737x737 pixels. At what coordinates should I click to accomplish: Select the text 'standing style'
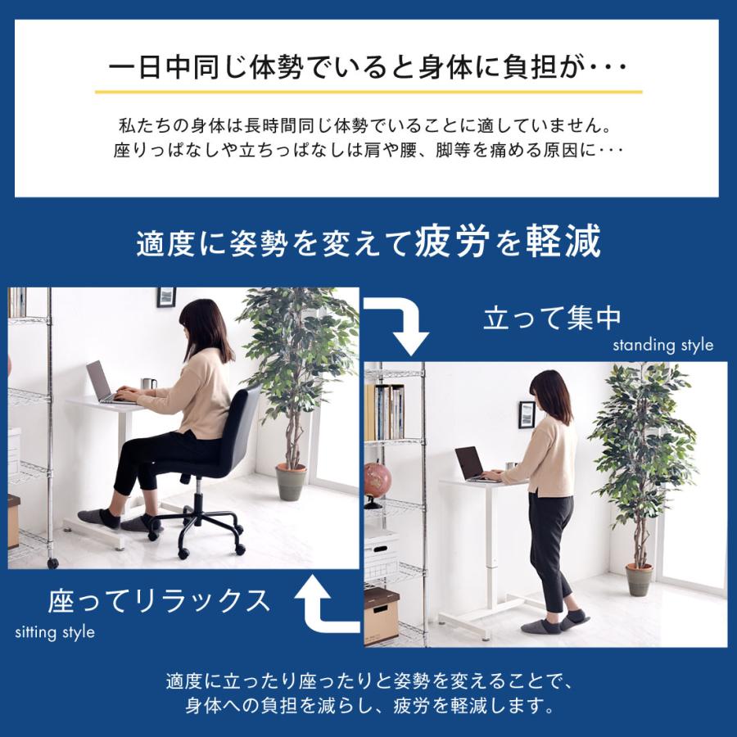pyautogui.click(x=662, y=345)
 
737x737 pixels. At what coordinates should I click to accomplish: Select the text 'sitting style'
pyautogui.click(x=55, y=632)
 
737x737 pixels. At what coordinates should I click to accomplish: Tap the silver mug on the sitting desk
pyautogui.click(x=148, y=384)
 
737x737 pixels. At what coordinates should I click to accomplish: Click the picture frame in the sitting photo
pyautogui.click(x=166, y=296)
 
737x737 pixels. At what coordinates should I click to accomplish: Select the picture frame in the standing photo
pyautogui.click(x=527, y=413)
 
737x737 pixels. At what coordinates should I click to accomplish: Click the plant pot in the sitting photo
pyautogui.click(x=291, y=482)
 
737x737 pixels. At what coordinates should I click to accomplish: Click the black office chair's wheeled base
pyautogui.click(x=197, y=523)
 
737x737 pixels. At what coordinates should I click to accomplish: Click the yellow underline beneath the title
pyautogui.click(x=368, y=92)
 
